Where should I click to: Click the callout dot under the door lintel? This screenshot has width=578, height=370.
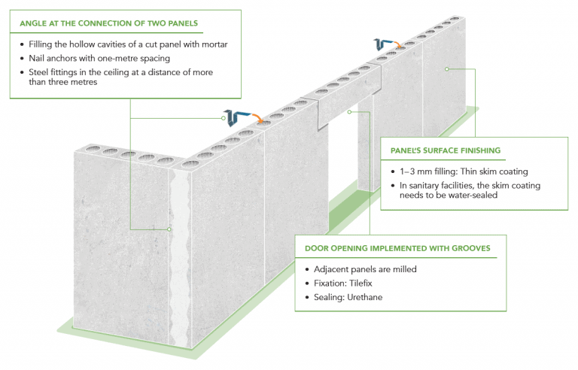351,112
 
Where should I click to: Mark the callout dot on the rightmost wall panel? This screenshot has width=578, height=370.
446,68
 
